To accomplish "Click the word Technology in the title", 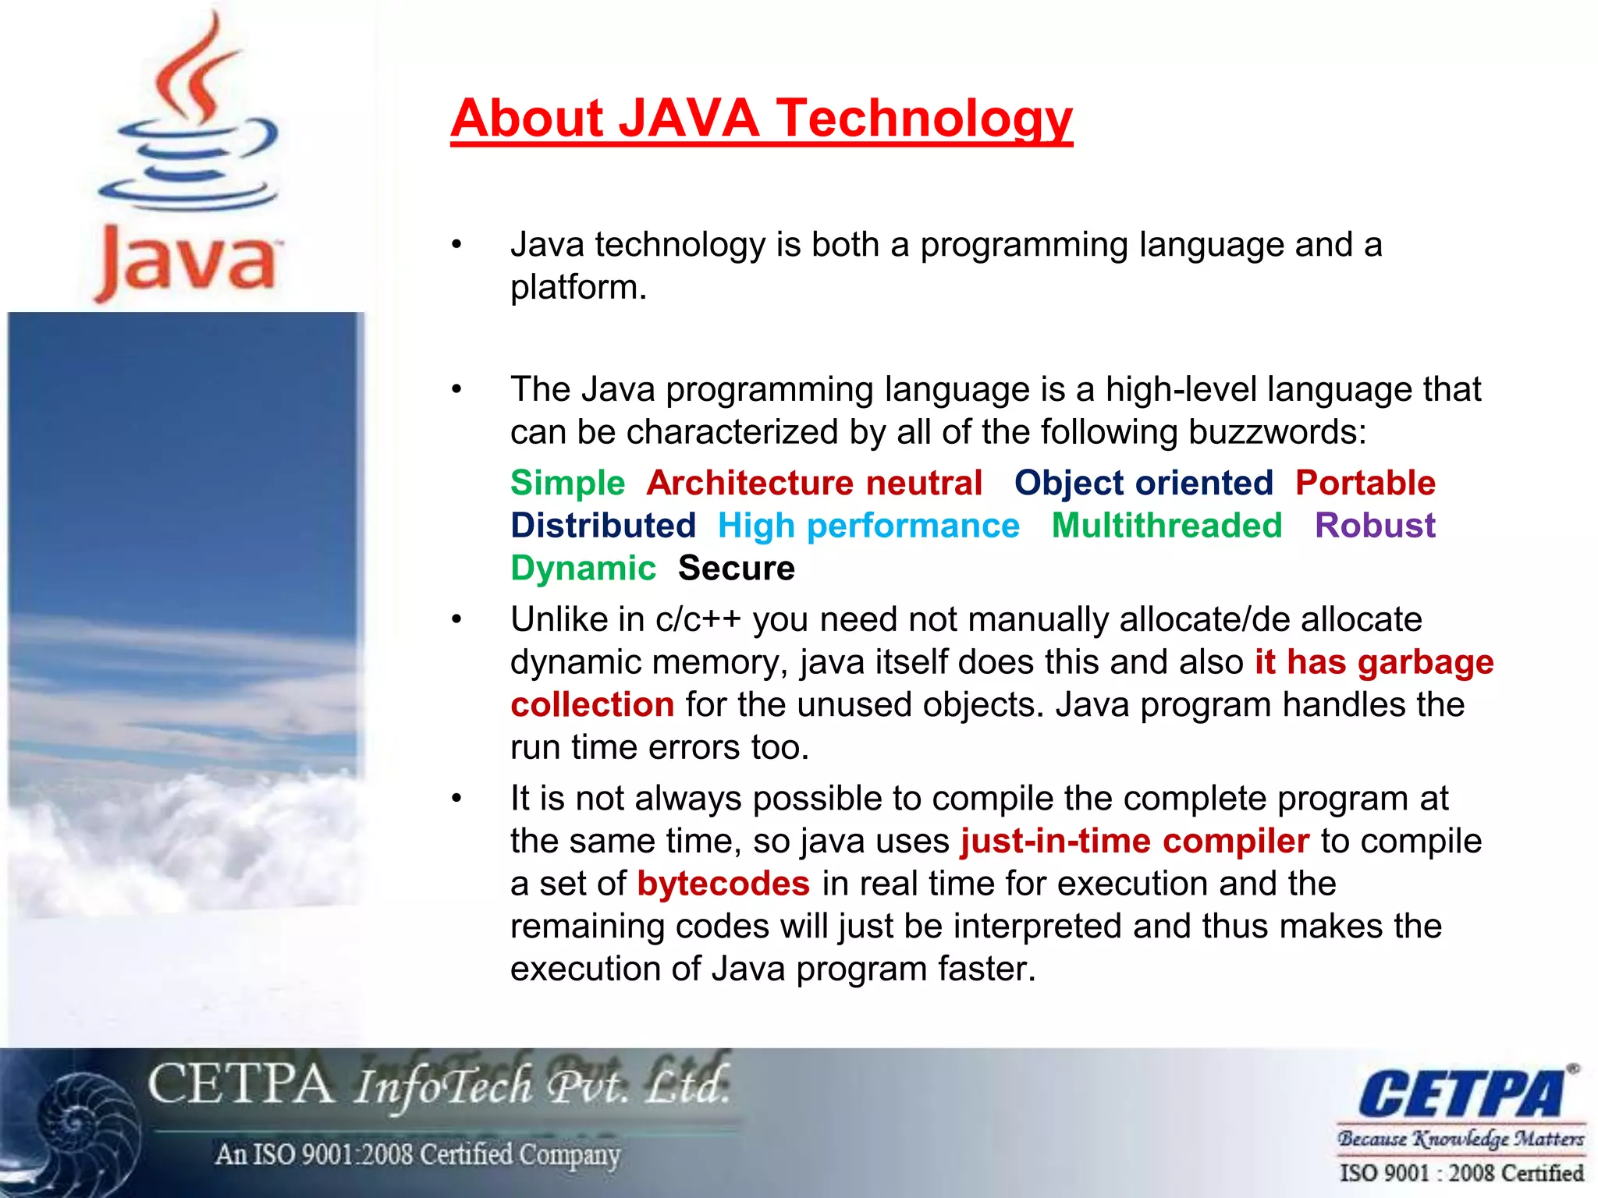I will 925,119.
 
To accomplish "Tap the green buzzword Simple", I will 567,484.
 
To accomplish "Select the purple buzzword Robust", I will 1375,526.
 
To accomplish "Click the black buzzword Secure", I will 736,569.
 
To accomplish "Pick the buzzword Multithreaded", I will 1167,526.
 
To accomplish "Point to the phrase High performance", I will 868,526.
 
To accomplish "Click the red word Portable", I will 1365,484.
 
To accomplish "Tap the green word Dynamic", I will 583,569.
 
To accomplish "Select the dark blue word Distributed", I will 602,526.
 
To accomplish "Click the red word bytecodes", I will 723,884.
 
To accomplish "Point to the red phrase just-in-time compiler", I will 1135,842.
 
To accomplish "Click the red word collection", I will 592,705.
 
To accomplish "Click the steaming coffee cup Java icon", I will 190,117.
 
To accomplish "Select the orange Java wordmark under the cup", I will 187,261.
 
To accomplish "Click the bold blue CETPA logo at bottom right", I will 1461,1093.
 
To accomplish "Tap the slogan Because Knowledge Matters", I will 1461,1140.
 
